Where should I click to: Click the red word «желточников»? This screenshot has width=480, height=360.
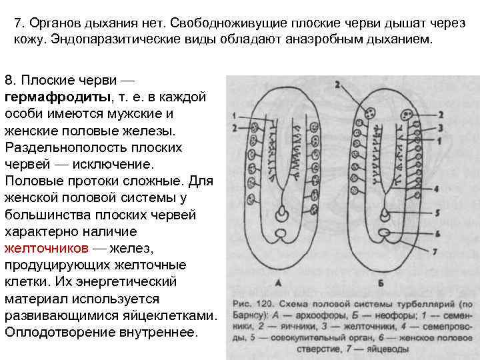pyautogui.click(x=46, y=249)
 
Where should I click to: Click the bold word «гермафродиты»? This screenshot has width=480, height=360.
pyautogui.click(x=54, y=97)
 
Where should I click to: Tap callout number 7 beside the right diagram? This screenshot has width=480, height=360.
pyautogui.click(x=435, y=252)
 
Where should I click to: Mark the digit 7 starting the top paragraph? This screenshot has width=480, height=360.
pyautogui.click(x=17, y=23)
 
